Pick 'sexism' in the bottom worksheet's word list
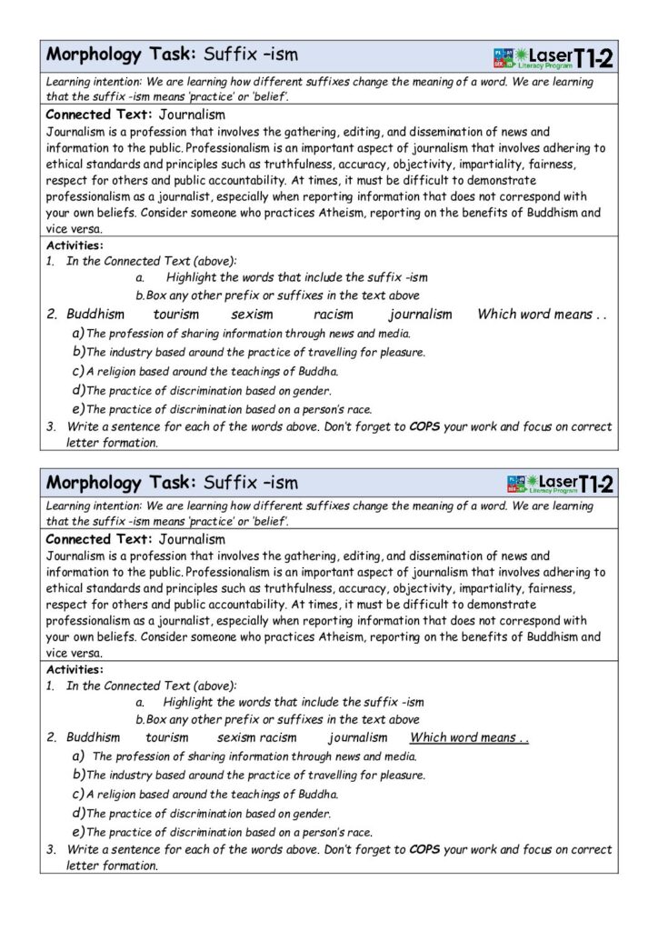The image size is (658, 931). click(236, 738)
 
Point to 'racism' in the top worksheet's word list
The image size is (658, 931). click(332, 315)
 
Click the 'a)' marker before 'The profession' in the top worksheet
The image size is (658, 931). click(78, 333)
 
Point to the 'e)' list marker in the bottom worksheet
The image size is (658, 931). click(78, 832)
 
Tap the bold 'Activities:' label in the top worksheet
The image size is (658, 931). click(74, 245)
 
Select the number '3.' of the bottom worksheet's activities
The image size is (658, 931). click(52, 850)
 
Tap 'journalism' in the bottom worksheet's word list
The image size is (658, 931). click(357, 738)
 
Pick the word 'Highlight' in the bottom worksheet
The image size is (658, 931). click(189, 702)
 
